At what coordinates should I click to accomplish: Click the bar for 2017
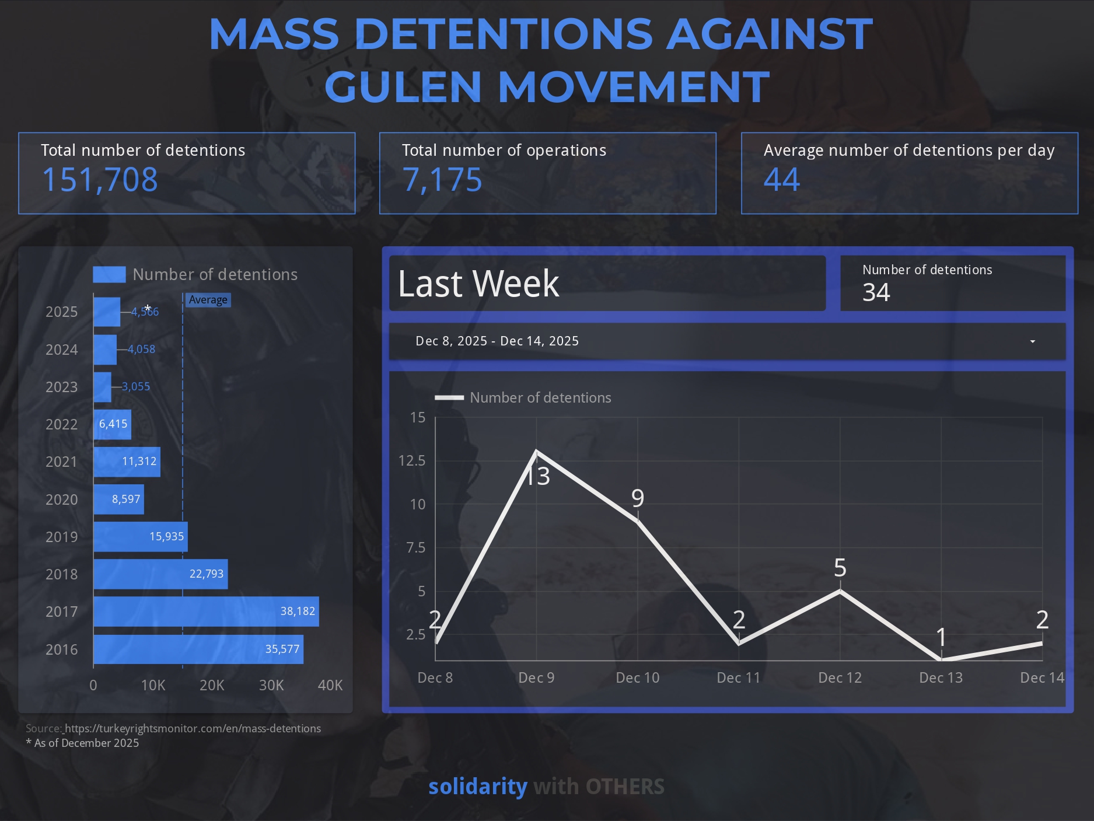206,612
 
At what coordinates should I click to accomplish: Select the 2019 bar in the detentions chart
140,537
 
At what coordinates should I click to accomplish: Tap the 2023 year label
61,387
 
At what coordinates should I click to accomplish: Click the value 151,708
100,180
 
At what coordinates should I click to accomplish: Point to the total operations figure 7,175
442,180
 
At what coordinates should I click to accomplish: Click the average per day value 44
782,180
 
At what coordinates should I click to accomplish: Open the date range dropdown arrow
1032,341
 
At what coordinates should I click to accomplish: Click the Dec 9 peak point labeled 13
537,452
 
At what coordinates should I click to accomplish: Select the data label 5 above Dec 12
840,568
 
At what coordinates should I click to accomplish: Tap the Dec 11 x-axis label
739,677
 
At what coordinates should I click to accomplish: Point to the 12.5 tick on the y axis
412,461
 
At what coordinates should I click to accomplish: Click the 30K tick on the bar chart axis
271,685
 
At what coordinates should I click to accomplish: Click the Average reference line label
208,300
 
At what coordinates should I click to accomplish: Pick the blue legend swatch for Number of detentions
109,274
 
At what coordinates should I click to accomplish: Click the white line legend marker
449,398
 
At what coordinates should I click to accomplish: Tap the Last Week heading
478,284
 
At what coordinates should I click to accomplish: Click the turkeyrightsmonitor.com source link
193,728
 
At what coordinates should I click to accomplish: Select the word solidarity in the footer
478,787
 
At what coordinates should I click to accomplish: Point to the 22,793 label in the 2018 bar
207,574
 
